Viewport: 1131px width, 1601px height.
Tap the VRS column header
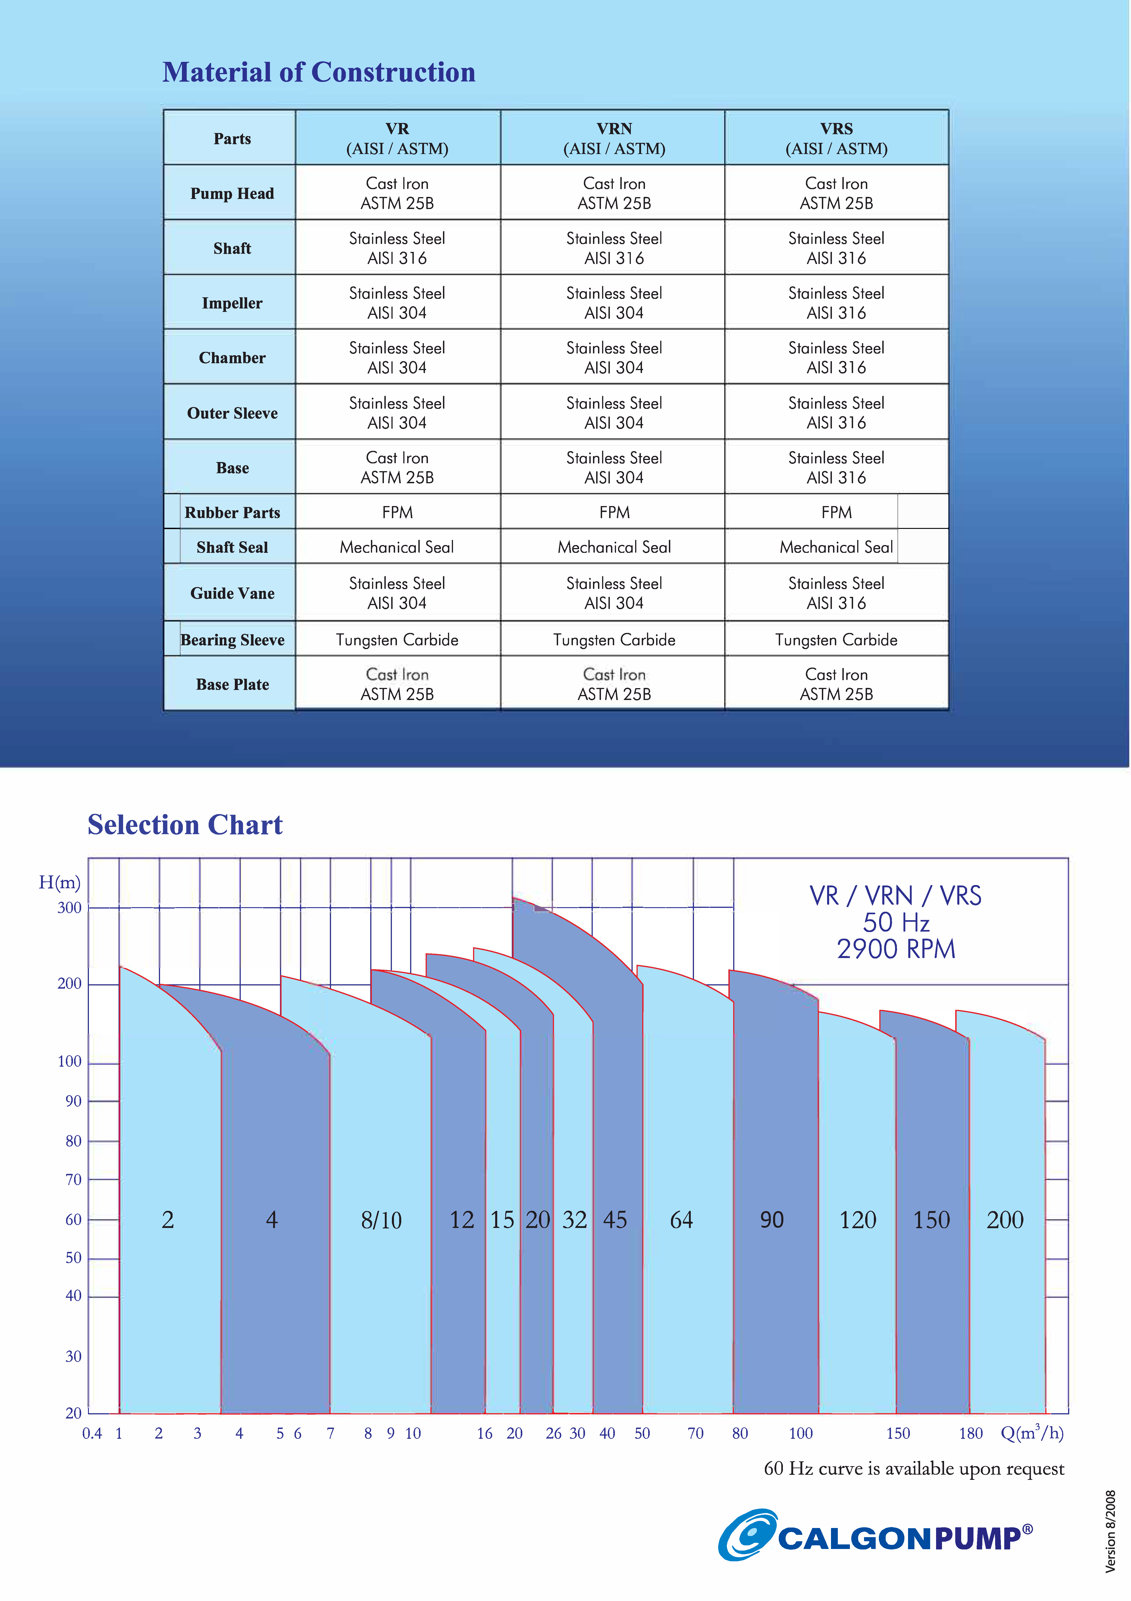(836, 138)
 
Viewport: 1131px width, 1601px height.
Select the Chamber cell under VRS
(836, 358)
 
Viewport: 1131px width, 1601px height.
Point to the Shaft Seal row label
(232, 547)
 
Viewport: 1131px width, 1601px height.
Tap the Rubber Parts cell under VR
(397, 512)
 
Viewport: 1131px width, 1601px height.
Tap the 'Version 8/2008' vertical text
(1111, 1531)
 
